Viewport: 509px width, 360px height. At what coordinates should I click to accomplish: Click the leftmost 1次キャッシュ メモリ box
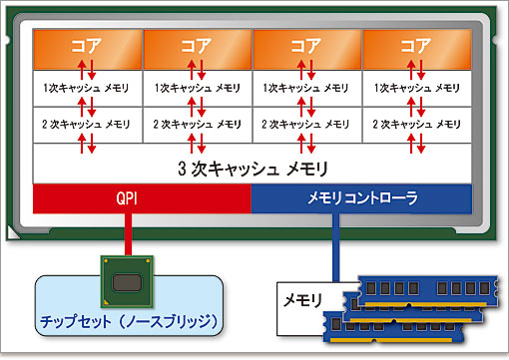tap(88, 88)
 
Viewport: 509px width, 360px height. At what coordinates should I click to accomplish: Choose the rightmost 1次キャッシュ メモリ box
tap(417, 88)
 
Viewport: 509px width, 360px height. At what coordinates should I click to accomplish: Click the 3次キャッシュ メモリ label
tap(254, 167)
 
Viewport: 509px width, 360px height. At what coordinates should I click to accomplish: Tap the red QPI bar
tap(142, 197)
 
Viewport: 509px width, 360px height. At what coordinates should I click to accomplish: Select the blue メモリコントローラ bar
tap(361, 197)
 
